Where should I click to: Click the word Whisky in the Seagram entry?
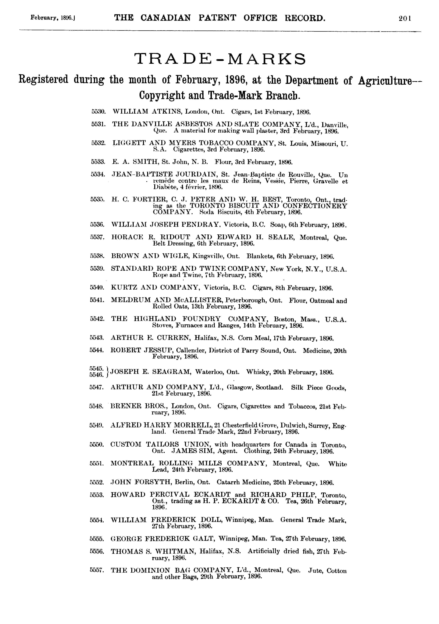(x=257, y=372)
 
